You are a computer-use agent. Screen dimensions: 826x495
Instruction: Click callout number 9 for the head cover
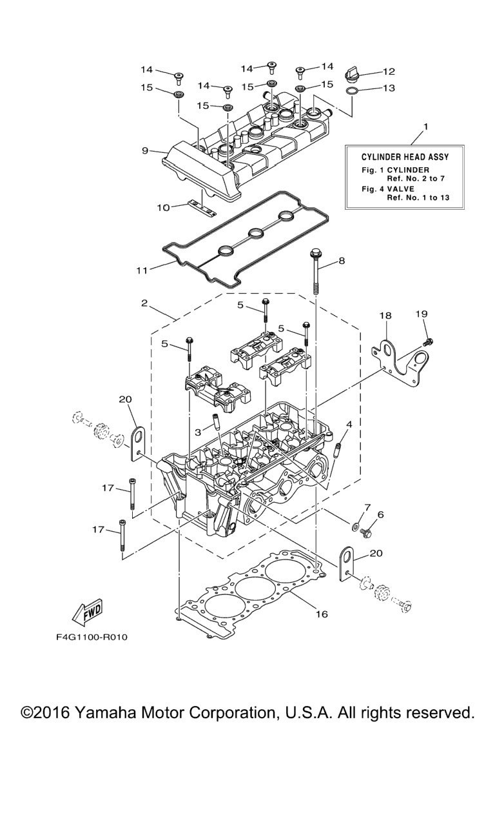tap(146, 150)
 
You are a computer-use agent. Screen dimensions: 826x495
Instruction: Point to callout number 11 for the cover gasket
tap(141, 270)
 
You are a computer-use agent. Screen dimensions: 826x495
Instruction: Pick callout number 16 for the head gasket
tap(322, 614)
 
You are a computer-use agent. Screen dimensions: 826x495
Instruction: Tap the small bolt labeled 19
tap(428, 339)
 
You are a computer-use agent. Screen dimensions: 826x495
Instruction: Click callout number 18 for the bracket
tap(385, 316)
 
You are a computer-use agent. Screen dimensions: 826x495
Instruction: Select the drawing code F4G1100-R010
tap(92, 638)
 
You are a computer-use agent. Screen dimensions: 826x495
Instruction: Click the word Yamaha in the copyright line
tap(111, 712)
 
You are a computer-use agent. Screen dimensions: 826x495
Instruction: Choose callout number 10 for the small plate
tap(163, 207)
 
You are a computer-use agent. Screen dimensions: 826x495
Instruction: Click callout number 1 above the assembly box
tap(425, 125)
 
